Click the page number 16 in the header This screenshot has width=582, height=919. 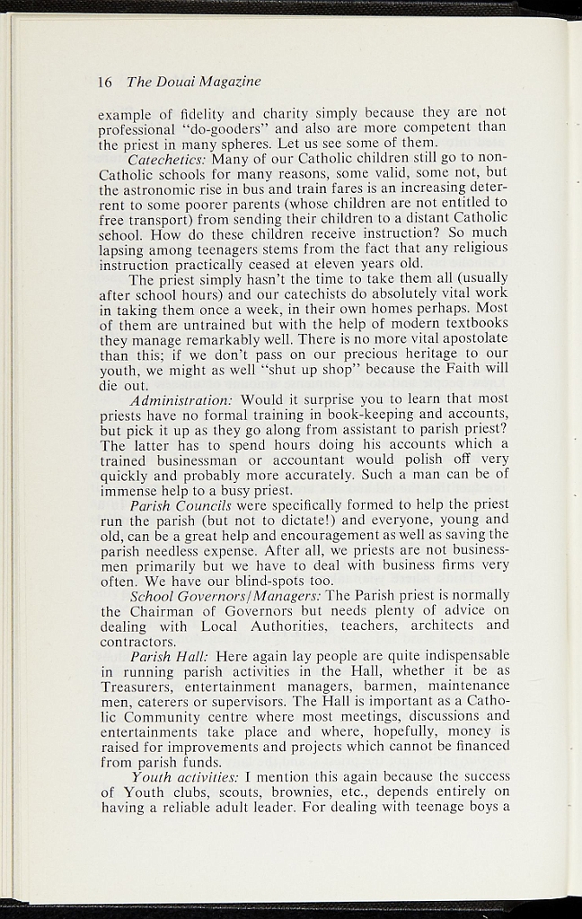click(x=104, y=82)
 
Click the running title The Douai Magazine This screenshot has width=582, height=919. click(x=194, y=82)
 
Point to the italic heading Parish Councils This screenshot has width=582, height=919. click(x=181, y=504)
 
